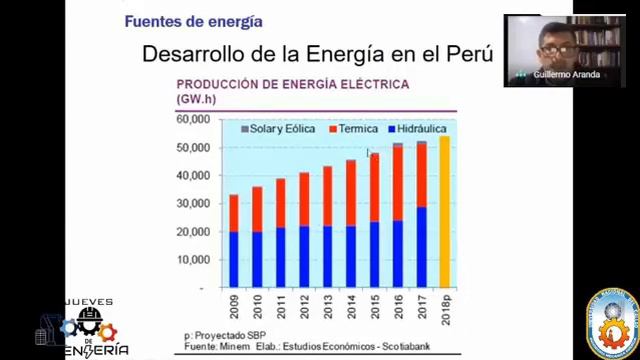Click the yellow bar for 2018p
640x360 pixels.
click(444, 212)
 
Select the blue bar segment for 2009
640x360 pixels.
click(234, 259)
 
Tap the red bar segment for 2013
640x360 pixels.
click(327, 196)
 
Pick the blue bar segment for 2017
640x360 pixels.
click(421, 247)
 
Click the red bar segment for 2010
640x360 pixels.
click(257, 209)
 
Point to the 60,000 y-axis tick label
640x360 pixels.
click(192, 119)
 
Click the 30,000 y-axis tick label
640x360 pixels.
click(192, 203)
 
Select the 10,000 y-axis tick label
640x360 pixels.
click(192, 259)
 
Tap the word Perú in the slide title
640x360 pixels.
click(469, 54)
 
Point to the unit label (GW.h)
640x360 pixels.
click(197, 100)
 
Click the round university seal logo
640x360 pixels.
click(611, 323)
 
